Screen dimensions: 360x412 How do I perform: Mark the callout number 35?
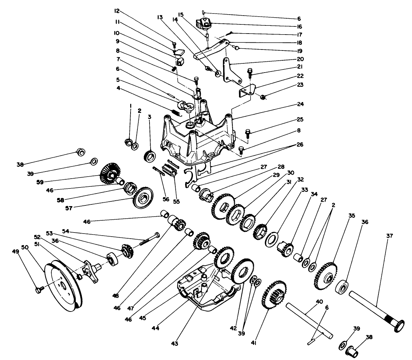pyautogui.click(x=351, y=215)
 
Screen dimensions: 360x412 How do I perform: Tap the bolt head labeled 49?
pyautogui.click(x=38, y=290)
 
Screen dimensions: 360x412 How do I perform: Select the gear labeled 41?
pyautogui.click(x=274, y=295)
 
